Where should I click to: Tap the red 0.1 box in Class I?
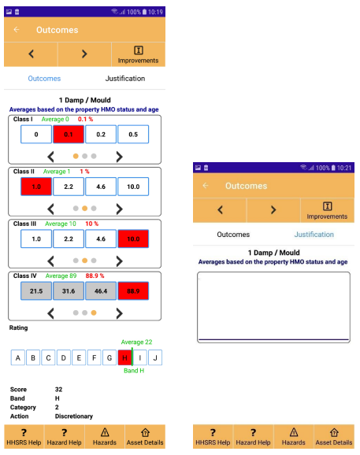coord(69,135)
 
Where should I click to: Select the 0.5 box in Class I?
coord(133,135)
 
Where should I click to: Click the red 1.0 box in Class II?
coord(36,187)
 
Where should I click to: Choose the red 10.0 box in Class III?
coord(133,239)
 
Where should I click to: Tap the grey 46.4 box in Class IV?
coord(101,290)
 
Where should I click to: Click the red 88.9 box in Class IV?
coord(133,290)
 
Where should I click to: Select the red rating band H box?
coord(124,357)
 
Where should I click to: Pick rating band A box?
coord(18,357)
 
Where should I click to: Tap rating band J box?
coord(155,357)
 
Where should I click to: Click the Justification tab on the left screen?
coord(125,79)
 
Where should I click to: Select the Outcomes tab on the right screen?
coord(233,235)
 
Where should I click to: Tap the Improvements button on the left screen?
coord(139,54)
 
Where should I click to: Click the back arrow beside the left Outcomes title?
coord(17,30)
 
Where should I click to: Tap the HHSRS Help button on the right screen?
coord(213,437)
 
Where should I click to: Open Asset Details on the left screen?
coord(145,437)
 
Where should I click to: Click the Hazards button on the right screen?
coord(294,437)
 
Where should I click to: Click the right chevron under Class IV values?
coord(119,313)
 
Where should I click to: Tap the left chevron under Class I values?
coord(50,157)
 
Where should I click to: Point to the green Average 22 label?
coord(136,342)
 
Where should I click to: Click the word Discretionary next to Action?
coord(74,416)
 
